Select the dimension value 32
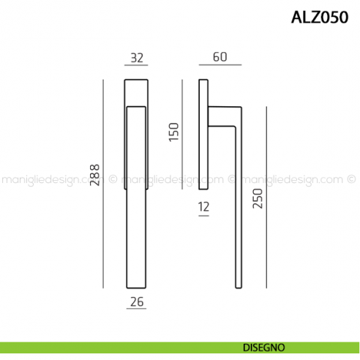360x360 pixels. click(136, 57)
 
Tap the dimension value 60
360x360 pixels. click(220, 57)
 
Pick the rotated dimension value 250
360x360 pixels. click(257, 196)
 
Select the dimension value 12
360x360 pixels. click(203, 207)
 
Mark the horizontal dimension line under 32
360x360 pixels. click(136, 66)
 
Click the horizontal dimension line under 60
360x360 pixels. click(220, 66)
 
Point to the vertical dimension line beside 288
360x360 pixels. click(104, 183)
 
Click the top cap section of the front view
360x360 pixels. click(136, 91)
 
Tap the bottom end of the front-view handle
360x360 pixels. click(136, 282)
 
